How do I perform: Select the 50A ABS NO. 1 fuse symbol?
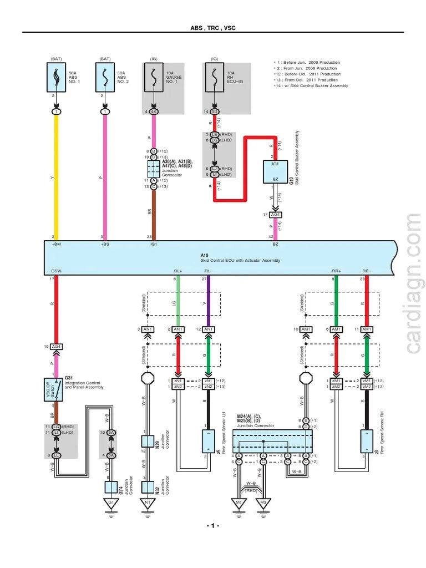pyautogui.click(x=56, y=78)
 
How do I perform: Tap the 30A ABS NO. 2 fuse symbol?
pyautogui.click(x=105, y=78)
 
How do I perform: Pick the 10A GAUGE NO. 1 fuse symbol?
pyautogui.click(x=154, y=78)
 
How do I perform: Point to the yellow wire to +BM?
pyautogui.click(x=56, y=177)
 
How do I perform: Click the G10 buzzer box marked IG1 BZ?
pyautogui.click(x=275, y=172)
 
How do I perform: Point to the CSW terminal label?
pyautogui.click(x=56, y=271)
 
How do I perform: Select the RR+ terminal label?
pyautogui.click(x=336, y=271)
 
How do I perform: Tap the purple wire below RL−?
pyautogui.click(x=209, y=302)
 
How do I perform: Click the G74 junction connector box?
pyautogui.click(x=111, y=487)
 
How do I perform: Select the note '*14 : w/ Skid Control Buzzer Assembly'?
pyautogui.click(x=312, y=86)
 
